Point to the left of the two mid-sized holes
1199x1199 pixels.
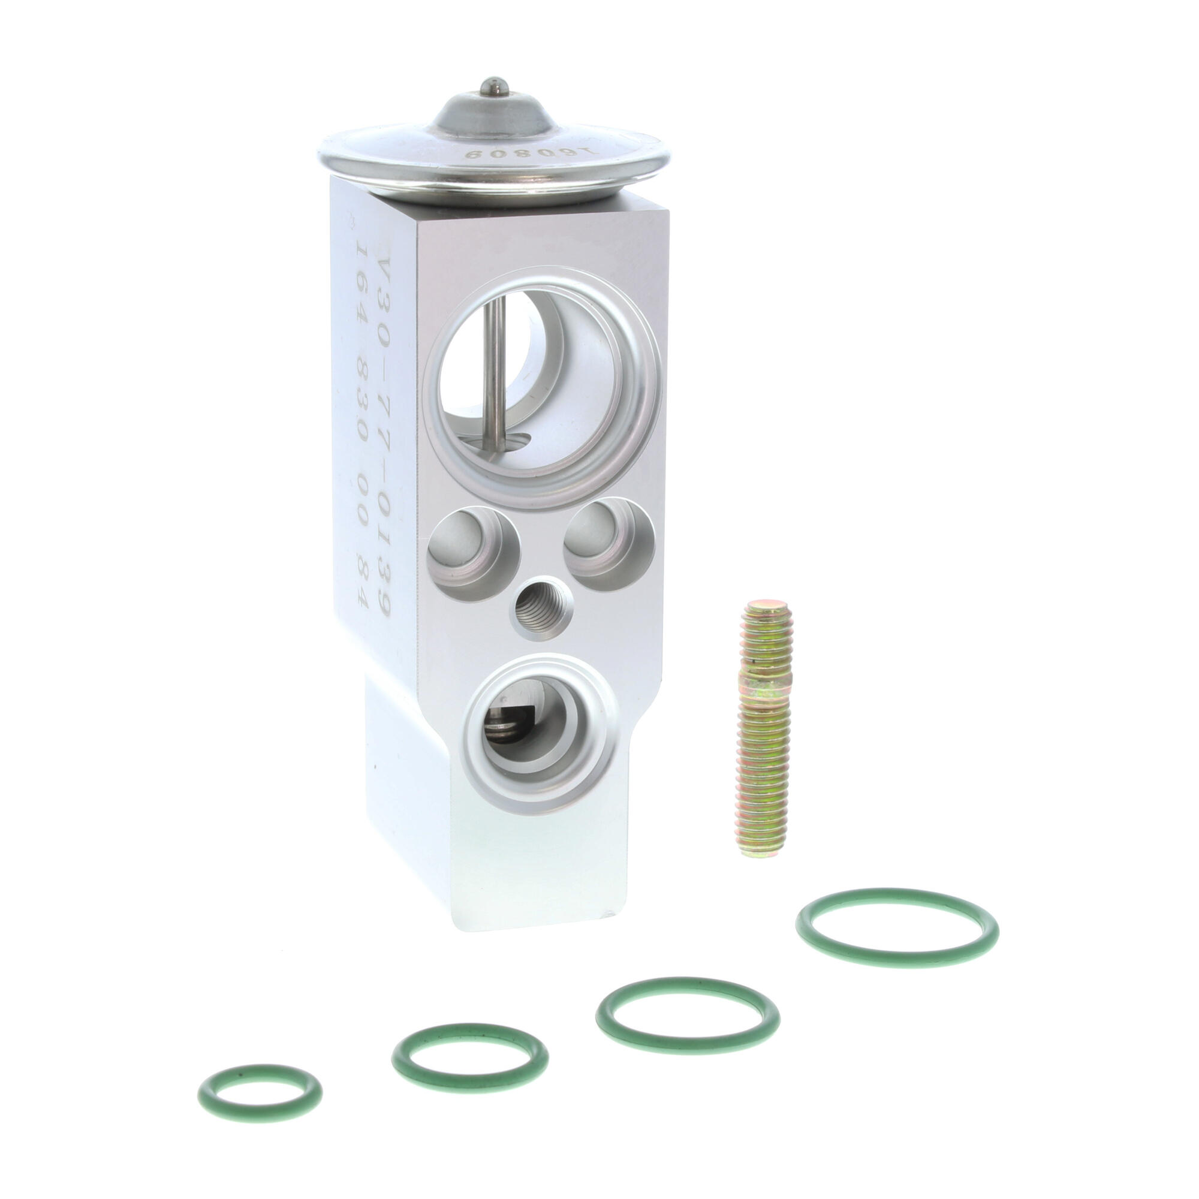(472, 543)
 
